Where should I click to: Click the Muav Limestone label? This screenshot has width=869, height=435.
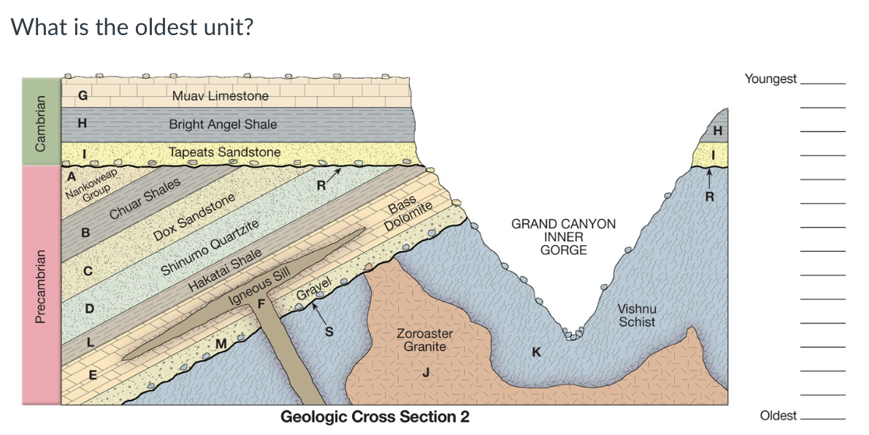click(221, 96)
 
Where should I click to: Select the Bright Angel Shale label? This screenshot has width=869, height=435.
click(223, 124)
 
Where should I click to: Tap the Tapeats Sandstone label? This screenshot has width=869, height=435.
click(224, 152)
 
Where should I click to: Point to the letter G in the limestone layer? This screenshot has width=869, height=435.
click(83, 94)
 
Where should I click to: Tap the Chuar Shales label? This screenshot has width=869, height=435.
click(145, 198)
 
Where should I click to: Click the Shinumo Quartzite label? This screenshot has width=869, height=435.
click(210, 247)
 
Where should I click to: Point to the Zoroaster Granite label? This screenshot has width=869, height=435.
click(424, 339)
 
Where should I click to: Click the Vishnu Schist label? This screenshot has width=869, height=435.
click(638, 315)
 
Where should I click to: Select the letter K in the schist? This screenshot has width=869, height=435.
click(537, 353)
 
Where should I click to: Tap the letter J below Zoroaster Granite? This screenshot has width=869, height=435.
click(426, 373)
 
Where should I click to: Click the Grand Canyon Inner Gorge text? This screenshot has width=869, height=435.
click(563, 236)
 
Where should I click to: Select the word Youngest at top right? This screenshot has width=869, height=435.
click(770, 79)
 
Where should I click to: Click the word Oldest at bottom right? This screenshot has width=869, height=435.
click(778, 415)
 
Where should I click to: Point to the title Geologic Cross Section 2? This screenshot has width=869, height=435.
click(375, 417)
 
